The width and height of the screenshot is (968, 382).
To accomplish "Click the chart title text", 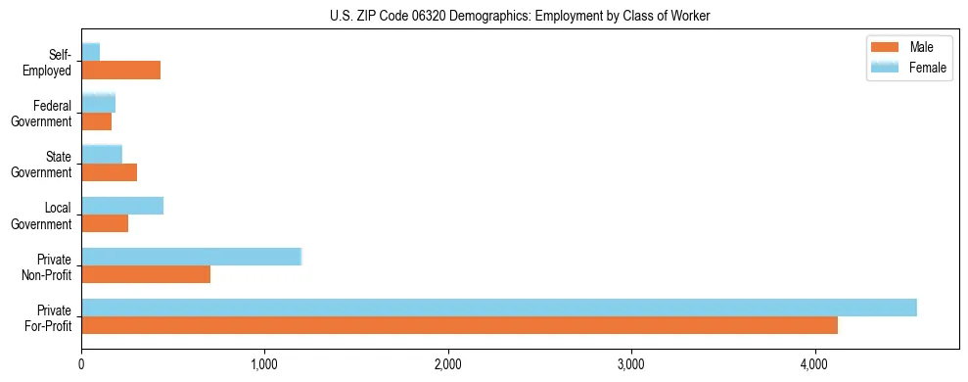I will pos(484,16).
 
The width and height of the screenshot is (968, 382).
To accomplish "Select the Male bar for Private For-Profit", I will pos(459,325).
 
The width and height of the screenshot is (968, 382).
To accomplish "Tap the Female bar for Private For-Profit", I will pos(499,308).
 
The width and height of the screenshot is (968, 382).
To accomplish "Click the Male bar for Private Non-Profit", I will pos(146,274).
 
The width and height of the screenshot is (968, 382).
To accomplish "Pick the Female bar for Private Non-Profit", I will pos(191,257).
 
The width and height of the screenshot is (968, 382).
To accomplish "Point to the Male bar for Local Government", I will pos(105,223).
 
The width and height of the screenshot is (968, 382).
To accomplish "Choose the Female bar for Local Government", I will pos(122,206).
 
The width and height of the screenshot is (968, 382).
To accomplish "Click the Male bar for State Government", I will pos(109,172).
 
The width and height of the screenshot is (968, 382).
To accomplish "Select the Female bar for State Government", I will pos(102,154).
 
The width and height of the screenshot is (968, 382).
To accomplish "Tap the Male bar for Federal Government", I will pos(96,121).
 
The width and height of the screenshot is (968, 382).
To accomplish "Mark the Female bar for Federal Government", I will pos(98,103).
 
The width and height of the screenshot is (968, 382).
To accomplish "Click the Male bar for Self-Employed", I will pos(120,71).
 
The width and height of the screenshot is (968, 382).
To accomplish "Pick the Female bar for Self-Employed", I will pos(90,52).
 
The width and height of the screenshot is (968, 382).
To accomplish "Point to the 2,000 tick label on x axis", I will pos(448,364).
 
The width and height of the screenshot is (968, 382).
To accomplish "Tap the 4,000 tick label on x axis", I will pos(814,364).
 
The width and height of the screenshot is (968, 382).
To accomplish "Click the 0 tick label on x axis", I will pos(81,364).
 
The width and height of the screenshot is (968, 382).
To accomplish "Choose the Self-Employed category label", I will pos(53,62).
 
